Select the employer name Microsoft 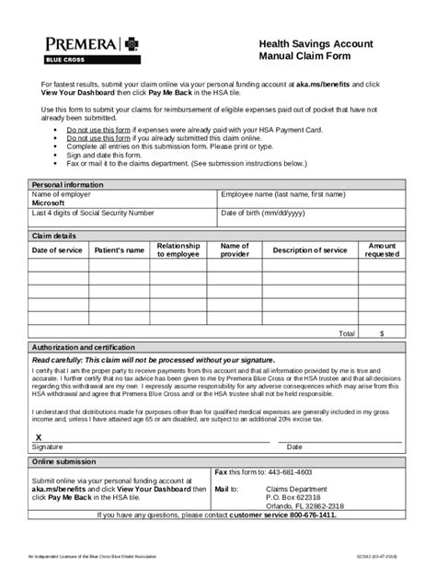pos(55,203)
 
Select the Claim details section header pos(54,236)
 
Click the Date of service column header pos(57,250)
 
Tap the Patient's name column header pos(119,250)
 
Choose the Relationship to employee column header pos(178,250)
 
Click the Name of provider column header pos(235,250)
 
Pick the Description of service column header pos(310,250)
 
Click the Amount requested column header pos(382,250)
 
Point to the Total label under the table pos(347,332)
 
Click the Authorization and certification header pos(89,346)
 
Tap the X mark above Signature pos(38,436)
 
